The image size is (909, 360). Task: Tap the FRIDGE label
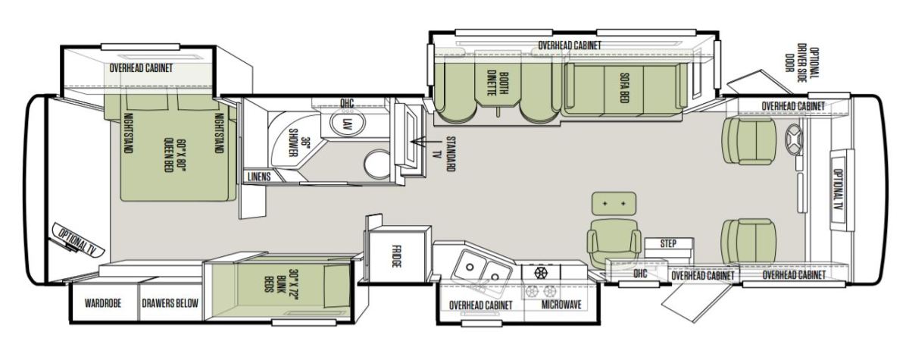(x=397, y=255)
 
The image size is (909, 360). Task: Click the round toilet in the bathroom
(x=378, y=164)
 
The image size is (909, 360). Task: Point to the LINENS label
(x=259, y=177)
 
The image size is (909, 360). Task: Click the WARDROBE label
(x=103, y=303)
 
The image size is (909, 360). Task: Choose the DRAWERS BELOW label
(x=170, y=303)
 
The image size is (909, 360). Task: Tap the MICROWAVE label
(x=561, y=305)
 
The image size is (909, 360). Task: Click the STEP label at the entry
(x=668, y=243)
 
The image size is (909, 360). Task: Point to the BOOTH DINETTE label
(x=498, y=84)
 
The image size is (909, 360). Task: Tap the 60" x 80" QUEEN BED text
(x=175, y=156)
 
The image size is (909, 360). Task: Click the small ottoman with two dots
(x=614, y=203)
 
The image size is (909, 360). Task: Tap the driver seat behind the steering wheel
(x=748, y=141)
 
